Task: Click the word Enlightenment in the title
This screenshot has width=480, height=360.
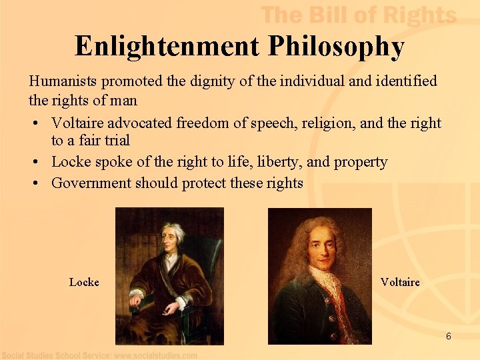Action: pos(167,46)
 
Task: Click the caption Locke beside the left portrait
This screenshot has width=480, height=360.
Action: pos(84,282)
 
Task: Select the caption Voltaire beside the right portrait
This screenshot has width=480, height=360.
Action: pos(400,282)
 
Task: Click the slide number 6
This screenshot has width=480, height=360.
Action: pos(448,336)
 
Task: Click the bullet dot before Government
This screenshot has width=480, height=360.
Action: pos(34,183)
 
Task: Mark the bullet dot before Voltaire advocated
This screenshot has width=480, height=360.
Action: pos(34,123)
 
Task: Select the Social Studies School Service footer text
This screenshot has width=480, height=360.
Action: pos(100,355)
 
